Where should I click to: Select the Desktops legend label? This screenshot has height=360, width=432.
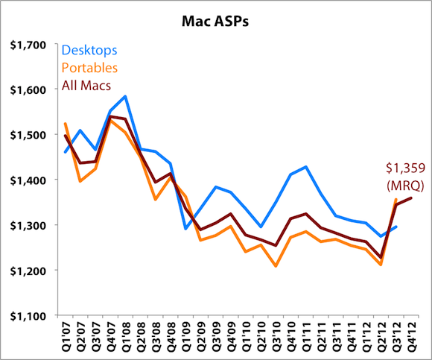[x=89, y=51]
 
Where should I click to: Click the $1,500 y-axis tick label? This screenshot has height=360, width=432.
[x=27, y=135]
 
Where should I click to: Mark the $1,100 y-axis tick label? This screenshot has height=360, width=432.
[x=27, y=315]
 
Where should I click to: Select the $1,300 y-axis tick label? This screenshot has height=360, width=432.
[x=27, y=225]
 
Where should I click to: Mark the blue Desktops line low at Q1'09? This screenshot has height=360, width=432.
[x=185, y=228]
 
